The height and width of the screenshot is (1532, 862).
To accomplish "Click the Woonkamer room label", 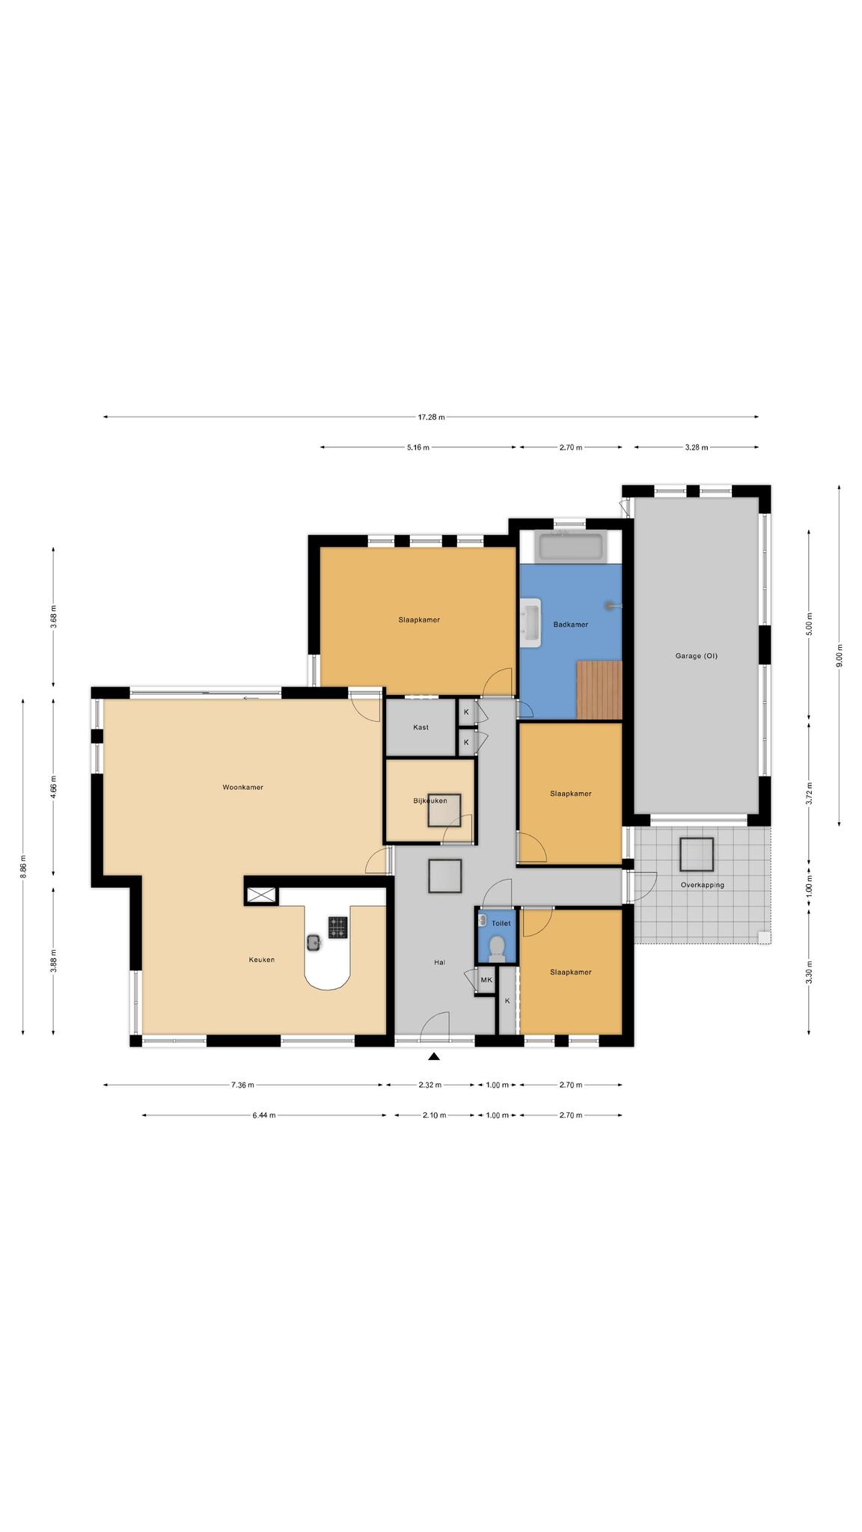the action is click(x=242, y=787).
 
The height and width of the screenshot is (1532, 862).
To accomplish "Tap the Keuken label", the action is click(x=262, y=960).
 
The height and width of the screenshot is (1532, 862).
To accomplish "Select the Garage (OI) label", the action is click(x=696, y=656).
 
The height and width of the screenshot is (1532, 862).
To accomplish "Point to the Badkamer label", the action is click(x=570, y=625).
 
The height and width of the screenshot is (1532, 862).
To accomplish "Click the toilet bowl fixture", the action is click(x=495, y=948).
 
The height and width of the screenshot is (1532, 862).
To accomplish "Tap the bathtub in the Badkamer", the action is click(x=571, y=547).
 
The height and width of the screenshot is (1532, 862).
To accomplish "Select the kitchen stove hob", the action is click(x=337, y=928).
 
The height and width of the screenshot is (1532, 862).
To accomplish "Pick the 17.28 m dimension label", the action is click(x=431, y=417).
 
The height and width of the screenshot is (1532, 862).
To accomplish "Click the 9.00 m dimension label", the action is click(x=839, y=655).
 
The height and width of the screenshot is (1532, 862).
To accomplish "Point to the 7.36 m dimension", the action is click(x=242, y=1085).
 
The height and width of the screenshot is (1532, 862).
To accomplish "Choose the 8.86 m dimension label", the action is click(x=23, y=866).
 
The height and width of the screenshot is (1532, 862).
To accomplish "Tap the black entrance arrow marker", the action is click(x=433, y=1056).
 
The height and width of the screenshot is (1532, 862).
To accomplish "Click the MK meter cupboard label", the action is click(x=486, y=980).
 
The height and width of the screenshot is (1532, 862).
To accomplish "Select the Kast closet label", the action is click(x=421, y=727).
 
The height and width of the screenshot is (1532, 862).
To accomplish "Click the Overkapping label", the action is click(x=702, y=885).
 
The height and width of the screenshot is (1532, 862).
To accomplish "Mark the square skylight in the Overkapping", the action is click(x=696, y=855).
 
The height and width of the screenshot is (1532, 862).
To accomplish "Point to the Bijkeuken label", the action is click(x=430, y=800).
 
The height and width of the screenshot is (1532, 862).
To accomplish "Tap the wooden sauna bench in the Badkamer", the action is click(x=599, y=690).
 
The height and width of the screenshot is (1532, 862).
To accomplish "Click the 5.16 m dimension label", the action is click(x=418, y=447).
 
